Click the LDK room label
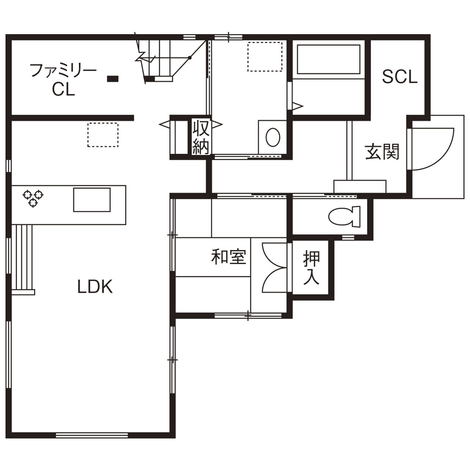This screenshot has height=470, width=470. tap(95, 287)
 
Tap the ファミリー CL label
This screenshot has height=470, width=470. tap(63, 79)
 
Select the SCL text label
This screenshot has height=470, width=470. tap(399, 77)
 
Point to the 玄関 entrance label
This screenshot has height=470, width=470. tap(383, 152)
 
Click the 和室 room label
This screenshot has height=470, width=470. tap(229, 257)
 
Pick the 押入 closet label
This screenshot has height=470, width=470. tap(312, 267)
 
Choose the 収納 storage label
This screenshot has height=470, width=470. tap(200, 137)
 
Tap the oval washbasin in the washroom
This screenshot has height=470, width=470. tap(272, 137)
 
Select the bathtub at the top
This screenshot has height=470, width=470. tap(328, 59)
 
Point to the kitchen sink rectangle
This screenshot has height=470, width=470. tap(92, 200)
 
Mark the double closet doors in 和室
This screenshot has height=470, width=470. tap(274, 267)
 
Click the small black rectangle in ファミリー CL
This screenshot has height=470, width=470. tap(113, 78)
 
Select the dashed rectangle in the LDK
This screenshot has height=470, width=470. tap(103, 135)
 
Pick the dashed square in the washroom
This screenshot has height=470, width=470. tap(265, 56)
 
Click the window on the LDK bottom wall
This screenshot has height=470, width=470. tap(92, 435)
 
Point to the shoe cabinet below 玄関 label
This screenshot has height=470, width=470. tap(360, 186)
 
